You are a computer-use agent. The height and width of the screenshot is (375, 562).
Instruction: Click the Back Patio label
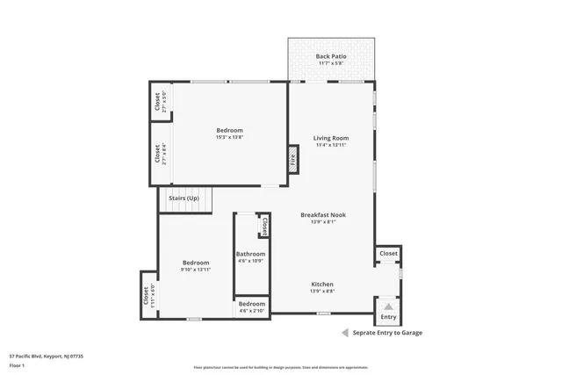[x=331, y=56]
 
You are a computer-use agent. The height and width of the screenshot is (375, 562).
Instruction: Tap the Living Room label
[x=331, y=138]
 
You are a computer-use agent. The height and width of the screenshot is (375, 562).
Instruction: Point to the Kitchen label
[x=322, y=284]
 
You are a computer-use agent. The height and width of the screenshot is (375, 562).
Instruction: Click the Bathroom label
[x=250, y=254]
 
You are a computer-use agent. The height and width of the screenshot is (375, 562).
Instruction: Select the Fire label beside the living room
[x=292, y=159]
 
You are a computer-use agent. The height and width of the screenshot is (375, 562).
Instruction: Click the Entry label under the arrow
[x=388, y=317]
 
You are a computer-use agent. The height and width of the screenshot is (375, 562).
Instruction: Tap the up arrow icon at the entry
[x=388, y=305]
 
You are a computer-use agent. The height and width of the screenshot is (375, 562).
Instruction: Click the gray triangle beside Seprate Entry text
[x=345, y=333]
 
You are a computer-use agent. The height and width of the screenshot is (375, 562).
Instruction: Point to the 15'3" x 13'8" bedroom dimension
[x=229, y=137]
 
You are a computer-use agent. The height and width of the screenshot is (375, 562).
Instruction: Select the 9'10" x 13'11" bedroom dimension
[x=195, y=270]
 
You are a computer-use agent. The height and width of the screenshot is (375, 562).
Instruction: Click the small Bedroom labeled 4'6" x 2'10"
[x=252, y=306]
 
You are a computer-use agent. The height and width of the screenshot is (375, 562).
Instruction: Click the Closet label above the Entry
[x=388, y=254]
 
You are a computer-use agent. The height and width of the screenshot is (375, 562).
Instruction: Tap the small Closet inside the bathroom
[x=263, y=227]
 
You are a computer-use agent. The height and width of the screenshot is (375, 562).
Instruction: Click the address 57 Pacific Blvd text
[x=46, y=357]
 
